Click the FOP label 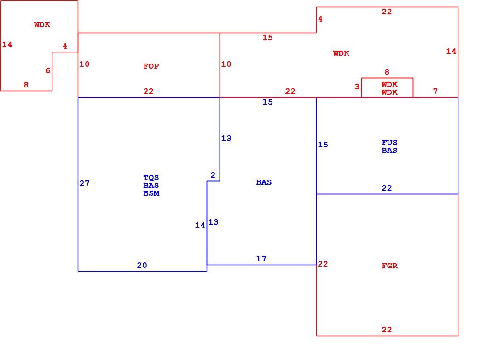(151, 66)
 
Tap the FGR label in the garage (389, 266)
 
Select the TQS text (151, 178)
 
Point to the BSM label (151, 193)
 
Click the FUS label (389, 142)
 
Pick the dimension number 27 (84, 183)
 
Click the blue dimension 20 (142, 265)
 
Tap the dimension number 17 (261, 259)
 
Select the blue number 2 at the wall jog (213, 175)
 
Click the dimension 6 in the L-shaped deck (48, 70)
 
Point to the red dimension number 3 (357, 87)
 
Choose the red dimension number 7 (435, 91)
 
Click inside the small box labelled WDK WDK (387, 88)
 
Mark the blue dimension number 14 (200, 225)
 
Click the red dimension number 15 (267, 37)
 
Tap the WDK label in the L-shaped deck (42, 24)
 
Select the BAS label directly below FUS (389, 151)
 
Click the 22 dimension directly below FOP (148, 91)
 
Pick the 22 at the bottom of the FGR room (387, 330)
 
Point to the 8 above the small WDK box (387, 72)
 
